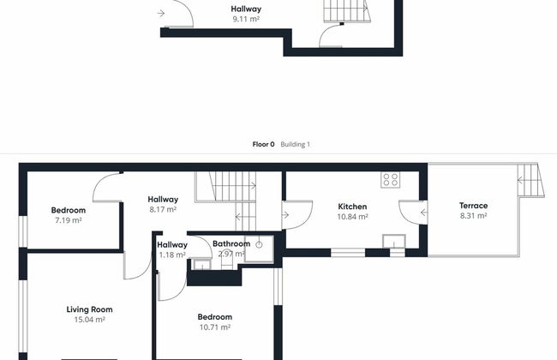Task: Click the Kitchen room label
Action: (x=352, y=207)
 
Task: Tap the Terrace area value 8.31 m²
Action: (x=473, y=216)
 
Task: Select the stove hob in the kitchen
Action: (x=391, y=179)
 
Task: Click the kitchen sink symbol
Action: (x=394, y=241)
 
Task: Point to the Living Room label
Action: (x=89, y=309)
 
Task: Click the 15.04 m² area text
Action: (x=89, y=320)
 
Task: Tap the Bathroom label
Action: (x=231, y=243)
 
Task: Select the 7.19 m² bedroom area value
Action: (x=69, y=220)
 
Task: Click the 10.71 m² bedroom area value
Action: (x=215, y=327)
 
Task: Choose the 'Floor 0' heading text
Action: (x=263, y=144)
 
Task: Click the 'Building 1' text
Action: (x=295, y=144)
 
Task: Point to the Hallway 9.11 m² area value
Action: (x=246, y=19)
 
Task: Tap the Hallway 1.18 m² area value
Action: (x=172, y=255)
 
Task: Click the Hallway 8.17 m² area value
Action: (x=163, y=209)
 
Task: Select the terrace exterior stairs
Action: (x=530, y=180)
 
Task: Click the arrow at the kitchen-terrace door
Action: (x=424, y=213)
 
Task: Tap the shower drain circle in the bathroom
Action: (x=260, y=245)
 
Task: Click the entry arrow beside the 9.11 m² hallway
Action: (x=161, y=14)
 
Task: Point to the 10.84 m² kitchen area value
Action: (x=352, y=216)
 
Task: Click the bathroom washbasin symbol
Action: (x=201, y=264)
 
